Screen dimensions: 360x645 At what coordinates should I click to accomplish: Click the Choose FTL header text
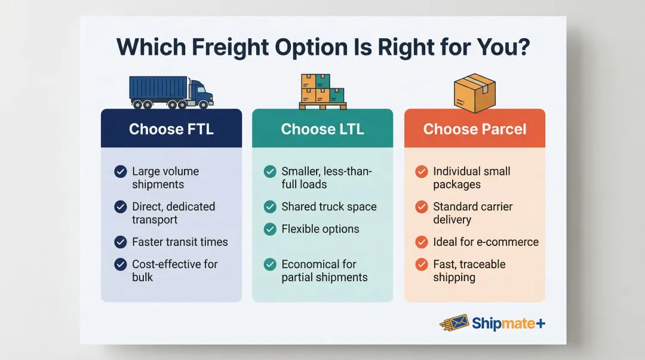point(171,129)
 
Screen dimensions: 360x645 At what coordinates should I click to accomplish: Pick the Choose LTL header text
point(322,129)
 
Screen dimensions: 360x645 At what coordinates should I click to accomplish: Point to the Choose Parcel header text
point(475,129)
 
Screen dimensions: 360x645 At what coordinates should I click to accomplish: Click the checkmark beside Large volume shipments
point(121,172)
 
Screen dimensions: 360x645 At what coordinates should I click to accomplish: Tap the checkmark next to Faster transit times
point(121,242)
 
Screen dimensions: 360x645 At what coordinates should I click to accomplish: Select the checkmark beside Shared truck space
point(270,207)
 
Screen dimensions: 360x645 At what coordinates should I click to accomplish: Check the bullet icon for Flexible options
point(270,229)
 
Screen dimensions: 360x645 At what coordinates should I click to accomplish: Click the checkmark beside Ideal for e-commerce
point(422,242)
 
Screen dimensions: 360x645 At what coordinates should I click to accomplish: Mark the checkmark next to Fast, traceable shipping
point(422,264)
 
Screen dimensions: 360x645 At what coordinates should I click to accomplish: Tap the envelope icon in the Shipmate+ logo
point(456,323)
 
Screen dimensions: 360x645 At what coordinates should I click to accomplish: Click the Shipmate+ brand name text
point(508,324)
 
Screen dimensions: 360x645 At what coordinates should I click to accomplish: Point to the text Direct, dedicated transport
point(173,213)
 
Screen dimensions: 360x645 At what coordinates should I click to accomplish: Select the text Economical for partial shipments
point(324,271)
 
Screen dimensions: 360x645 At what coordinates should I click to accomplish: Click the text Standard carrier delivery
point(472,213)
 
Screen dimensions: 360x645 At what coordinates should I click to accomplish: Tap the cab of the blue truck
point(201,92)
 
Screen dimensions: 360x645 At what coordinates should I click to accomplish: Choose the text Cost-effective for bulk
point(174,270)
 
